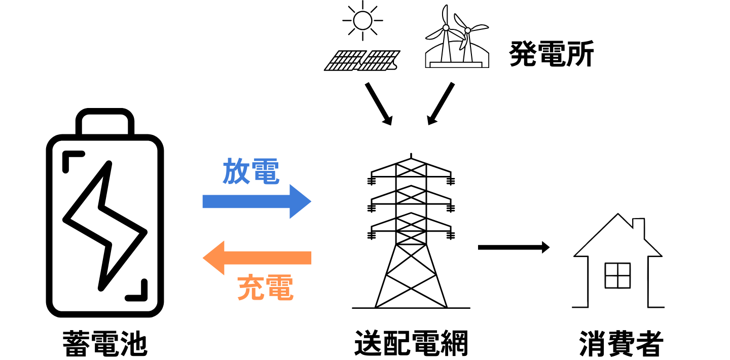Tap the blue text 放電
251,172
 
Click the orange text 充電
265,287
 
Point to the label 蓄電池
104,343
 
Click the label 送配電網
411,343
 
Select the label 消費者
621,343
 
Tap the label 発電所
551,55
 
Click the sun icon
362,21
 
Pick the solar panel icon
362,60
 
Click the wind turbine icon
457,38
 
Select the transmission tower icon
411,233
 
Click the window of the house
617,275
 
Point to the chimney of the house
638,227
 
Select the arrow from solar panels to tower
379,103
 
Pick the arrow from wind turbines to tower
441,103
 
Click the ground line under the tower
411,308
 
